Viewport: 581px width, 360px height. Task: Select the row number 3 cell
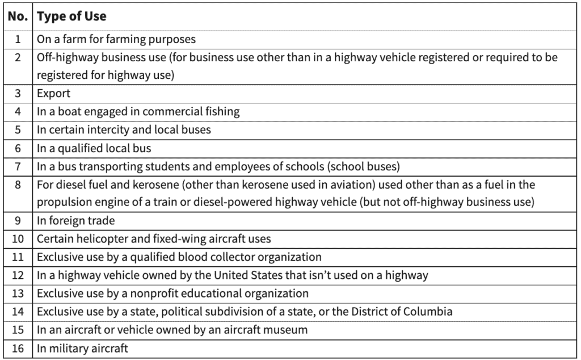18,93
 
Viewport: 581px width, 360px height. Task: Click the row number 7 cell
18,166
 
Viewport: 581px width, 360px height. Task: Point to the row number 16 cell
18,348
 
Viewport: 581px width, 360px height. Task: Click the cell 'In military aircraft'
82,348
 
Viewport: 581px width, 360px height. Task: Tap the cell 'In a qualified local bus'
94,148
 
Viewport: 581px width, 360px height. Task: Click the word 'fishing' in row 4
222,112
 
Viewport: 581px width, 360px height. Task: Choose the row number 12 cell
18,275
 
